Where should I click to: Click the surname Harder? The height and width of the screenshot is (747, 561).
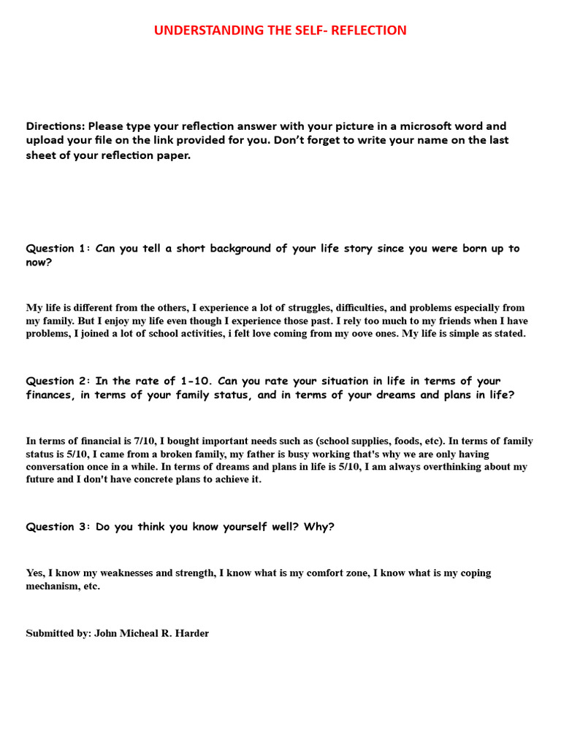pyautogui.click(x=191, y=633)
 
